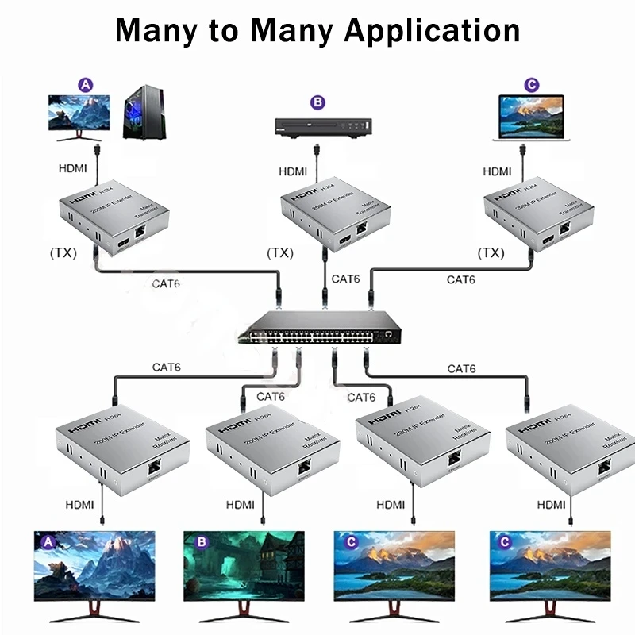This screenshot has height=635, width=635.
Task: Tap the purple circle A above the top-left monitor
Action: [x=86, y=83]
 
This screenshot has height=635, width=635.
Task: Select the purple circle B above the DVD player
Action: [x=317, y=102]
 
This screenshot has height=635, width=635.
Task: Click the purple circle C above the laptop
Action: [x=532, y=83]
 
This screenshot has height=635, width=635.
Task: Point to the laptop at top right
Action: [x=529, y=119]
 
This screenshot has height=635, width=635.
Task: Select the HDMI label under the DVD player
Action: [x=294, y=171]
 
